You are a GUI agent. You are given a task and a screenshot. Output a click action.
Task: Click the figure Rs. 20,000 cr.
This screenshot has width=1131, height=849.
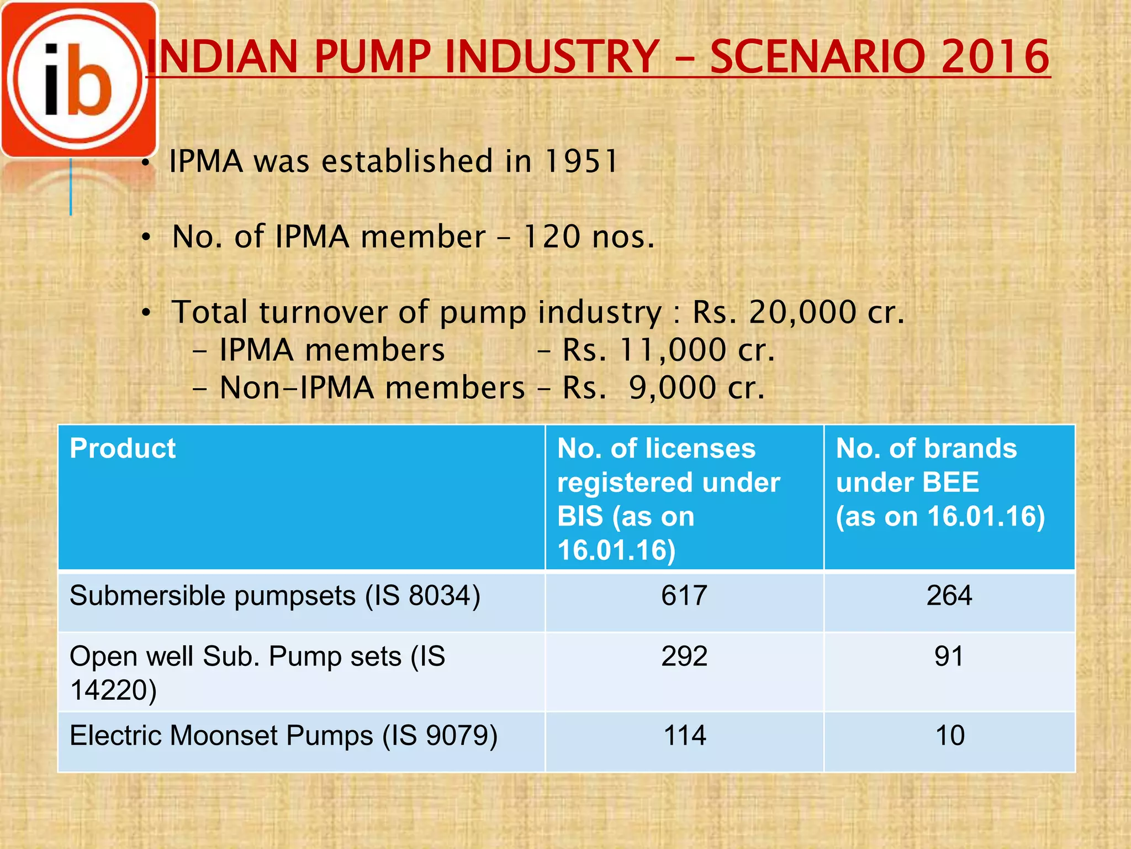coord(799,312)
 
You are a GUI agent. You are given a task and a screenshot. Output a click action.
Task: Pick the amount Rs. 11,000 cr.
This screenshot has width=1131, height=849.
coord(668,350)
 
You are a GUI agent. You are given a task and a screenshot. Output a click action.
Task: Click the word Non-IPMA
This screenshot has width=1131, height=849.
coord(298,387)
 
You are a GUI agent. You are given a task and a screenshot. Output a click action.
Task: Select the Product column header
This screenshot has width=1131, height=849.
coord(123,448)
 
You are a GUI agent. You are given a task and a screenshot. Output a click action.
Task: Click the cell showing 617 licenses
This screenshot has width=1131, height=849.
coord(684,596)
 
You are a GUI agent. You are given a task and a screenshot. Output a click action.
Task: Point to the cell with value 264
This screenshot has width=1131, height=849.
coord(949,596)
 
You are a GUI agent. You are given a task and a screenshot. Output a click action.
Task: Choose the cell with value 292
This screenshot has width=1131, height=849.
coord(684,656)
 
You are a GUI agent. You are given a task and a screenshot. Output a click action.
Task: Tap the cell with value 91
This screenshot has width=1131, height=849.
coord(949,656)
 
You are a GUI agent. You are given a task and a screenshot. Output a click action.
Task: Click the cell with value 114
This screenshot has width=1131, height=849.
coord(685,736)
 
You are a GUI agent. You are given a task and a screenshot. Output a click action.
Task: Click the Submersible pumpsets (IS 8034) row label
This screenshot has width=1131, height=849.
coord(275,596)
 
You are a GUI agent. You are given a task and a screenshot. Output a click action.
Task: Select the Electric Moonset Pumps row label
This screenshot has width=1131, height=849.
coord(283,736)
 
